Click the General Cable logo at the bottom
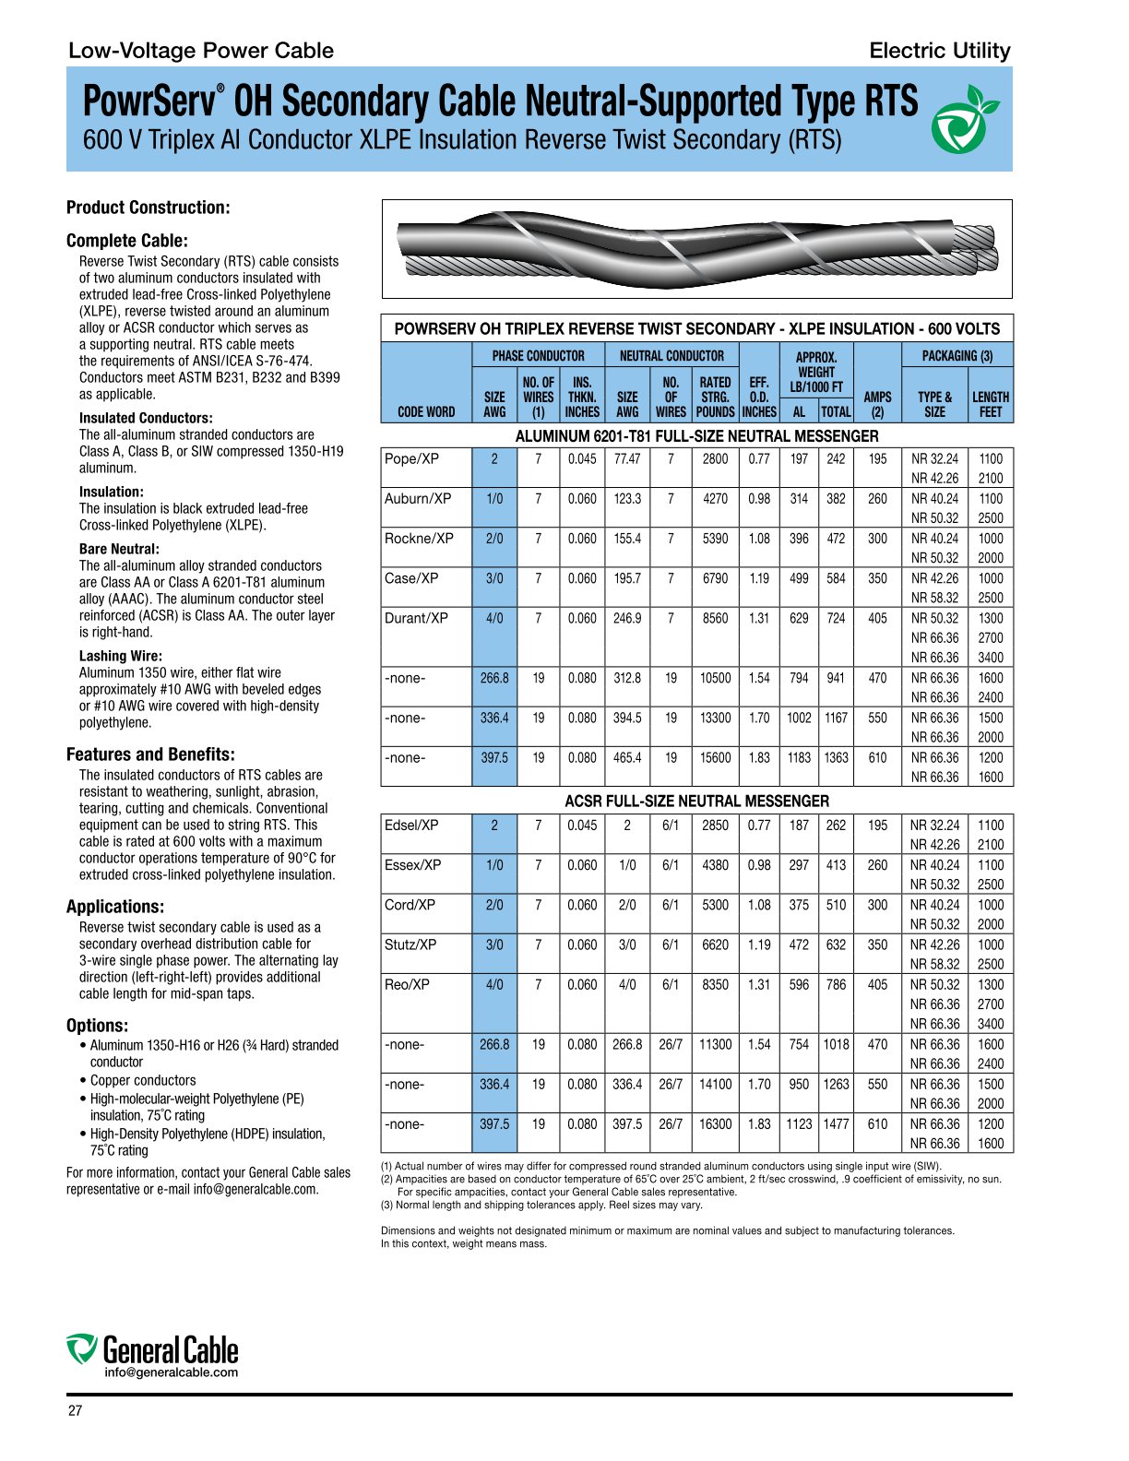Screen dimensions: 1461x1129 pos(153,1350)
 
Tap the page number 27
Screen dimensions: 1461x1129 pos(75,1411)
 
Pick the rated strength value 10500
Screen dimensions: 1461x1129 pos(715,678)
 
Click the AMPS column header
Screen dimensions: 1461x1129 pos(877,403)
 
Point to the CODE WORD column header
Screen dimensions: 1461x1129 pos(426,411)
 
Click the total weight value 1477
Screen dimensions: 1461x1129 pos(836,1124)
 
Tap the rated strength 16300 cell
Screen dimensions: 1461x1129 pos(715,1124)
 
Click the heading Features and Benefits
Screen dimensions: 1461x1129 pos(150,754)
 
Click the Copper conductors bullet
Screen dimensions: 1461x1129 pos(143,1080)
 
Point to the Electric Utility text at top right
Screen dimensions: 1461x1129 pos(939,51)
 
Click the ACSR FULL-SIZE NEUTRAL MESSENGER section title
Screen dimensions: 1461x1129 pos(696,801)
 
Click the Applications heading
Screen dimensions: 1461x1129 pos(115,907)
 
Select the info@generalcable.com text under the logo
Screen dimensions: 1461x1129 pos(171,1372)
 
